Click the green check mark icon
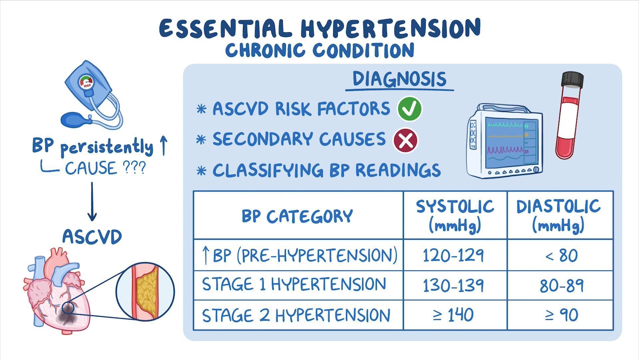(409, 109)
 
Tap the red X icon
(406, 140)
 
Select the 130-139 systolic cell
(455, 285)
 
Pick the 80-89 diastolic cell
(560, 285)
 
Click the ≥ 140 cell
(455, 315)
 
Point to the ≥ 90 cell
(560, 315)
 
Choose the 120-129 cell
(455, 255)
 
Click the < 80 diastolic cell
(560, 255)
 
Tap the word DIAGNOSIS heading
(399, 79)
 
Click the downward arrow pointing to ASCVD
(92, 201)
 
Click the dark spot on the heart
(67, 315)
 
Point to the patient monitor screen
(505, 144)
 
